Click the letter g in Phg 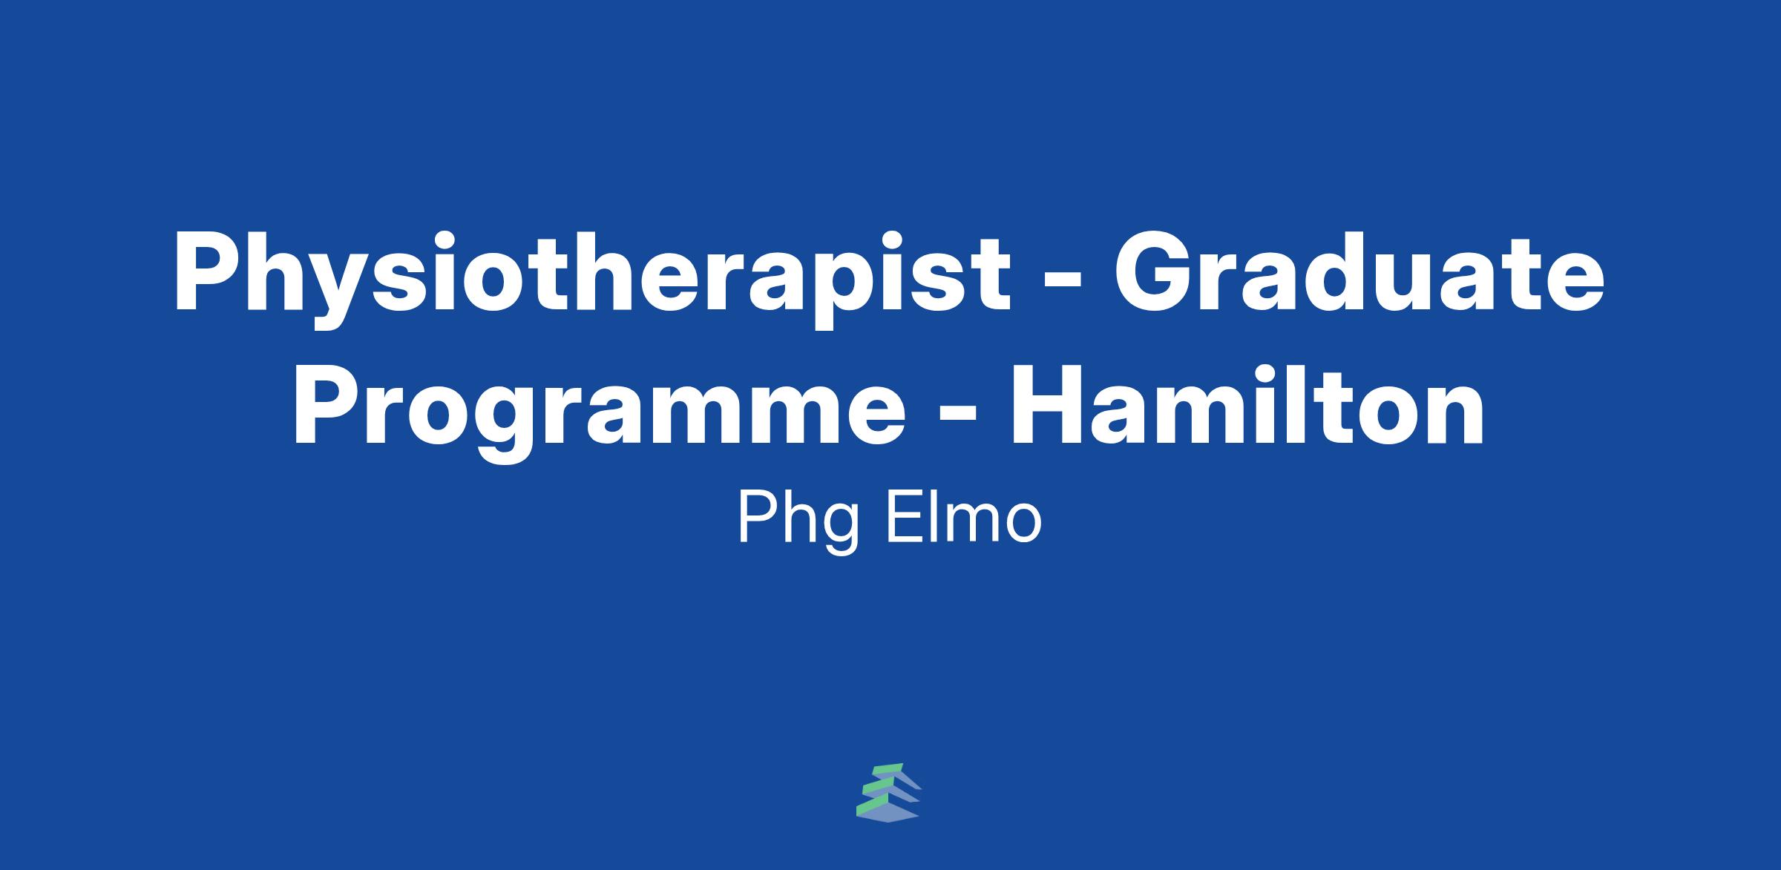pyautogui.click(x=842, y=530)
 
